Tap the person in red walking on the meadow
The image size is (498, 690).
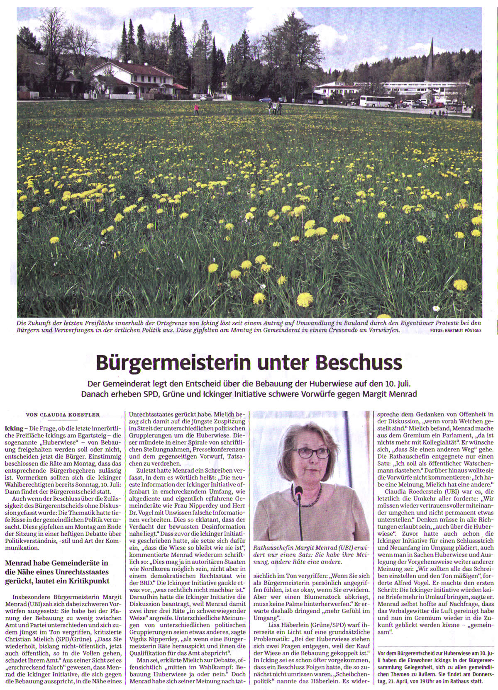196,109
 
